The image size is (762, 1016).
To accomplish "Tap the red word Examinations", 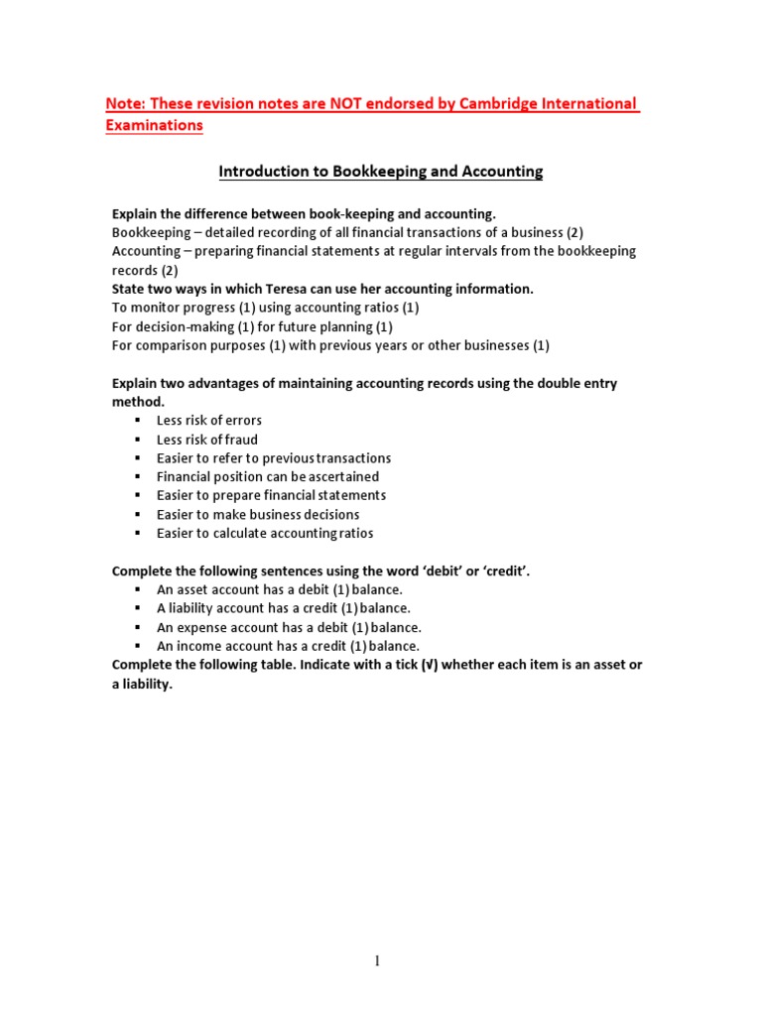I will [x=154, y=125].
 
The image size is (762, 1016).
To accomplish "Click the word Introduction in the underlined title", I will [x=260, y=172].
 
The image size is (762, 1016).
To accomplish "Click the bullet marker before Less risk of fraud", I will [x=138, y=440].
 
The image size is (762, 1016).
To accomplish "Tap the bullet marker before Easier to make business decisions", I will [x=138, y=514].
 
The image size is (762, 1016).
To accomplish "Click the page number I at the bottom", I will [x=378, y=961].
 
